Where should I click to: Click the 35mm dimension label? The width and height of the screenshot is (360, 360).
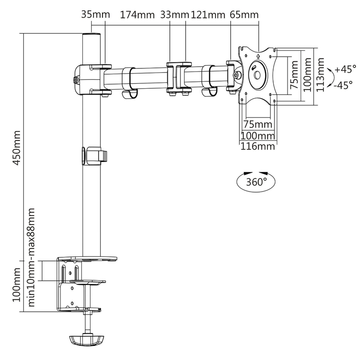95,15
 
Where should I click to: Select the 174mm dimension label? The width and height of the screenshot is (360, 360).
137,15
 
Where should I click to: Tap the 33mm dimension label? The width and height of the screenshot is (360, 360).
175,15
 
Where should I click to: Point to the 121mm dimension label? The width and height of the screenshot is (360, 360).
208,15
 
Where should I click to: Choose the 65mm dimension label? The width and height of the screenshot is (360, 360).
244,15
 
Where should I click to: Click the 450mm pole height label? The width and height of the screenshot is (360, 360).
16,148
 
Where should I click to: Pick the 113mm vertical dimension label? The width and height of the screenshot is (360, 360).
320,75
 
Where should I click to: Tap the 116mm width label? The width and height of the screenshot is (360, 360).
257,146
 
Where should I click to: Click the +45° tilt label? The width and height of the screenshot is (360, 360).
346,69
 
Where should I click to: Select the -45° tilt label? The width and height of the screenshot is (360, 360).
343,85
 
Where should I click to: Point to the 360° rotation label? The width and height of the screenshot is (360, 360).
256,182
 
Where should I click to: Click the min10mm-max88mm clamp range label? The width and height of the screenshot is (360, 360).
31,257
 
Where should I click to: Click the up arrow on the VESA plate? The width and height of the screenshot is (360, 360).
258,56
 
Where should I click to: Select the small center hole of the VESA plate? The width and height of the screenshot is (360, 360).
257,75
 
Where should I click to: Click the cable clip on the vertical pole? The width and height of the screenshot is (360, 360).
94,156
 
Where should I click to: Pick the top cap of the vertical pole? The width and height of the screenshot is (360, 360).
91,34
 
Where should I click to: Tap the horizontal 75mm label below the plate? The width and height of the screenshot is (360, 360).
257,124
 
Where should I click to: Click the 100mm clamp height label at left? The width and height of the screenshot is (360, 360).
16,285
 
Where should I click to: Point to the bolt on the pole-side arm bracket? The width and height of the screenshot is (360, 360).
76,80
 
